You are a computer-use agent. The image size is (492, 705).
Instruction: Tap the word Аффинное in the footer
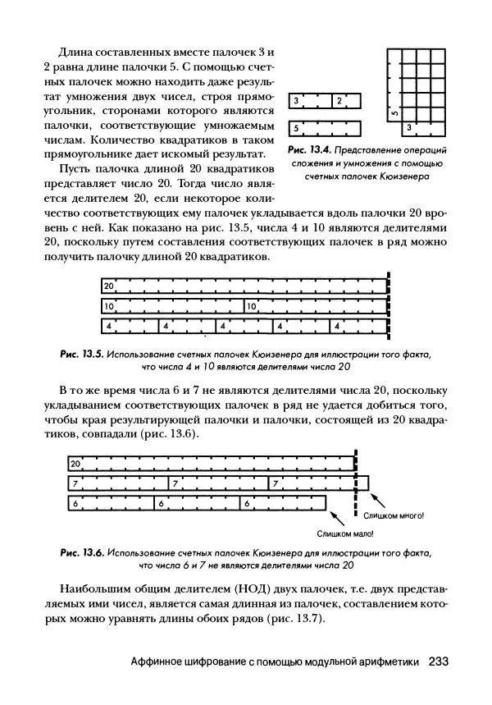(162, 662)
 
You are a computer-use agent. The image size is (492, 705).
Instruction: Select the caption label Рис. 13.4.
(308, 151)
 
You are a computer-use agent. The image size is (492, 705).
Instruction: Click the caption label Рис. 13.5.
(81, 355)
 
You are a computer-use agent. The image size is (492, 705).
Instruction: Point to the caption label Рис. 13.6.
(81, 552)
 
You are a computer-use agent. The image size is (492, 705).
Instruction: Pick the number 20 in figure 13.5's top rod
(108, 286)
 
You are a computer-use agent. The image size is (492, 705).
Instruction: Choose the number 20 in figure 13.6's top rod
(75, 464)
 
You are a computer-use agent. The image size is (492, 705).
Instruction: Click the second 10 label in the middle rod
(252, 306)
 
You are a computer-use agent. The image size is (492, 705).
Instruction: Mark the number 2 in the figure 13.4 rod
(338, 101)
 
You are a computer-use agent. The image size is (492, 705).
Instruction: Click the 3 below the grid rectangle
(409, 127)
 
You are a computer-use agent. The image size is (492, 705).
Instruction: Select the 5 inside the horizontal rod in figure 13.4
(296, 129)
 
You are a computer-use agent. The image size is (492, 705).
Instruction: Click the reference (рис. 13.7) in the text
(290, 618)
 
